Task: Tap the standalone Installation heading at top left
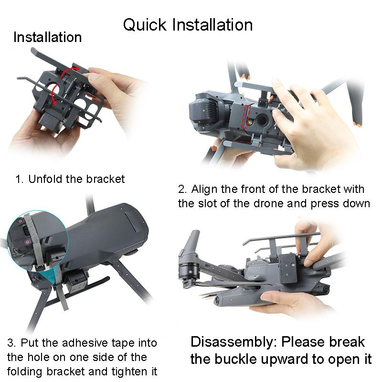click(x=47, y=37)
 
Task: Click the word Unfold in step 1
click(x=43, y=179)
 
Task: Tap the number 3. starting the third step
click(x=11, y=343)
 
